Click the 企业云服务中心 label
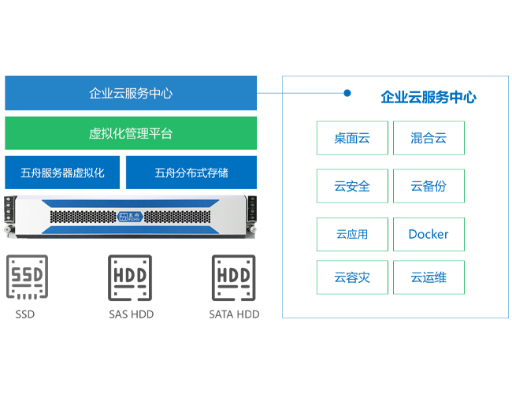tap(131, 94)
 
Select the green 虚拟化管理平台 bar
tap(131, 133)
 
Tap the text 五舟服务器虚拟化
tap(63, 173)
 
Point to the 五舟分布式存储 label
tap(191, 173)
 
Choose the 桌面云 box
tap(351, 139)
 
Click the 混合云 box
tap(429, 139)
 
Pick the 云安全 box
tap(351, 187)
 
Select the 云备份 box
tap(429, 187)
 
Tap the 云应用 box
tap(351, 234)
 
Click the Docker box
tap(429, 234)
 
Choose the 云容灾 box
tap(351, 277)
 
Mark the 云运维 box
tap(429, 277)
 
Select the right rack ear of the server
tap(253, 214)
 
